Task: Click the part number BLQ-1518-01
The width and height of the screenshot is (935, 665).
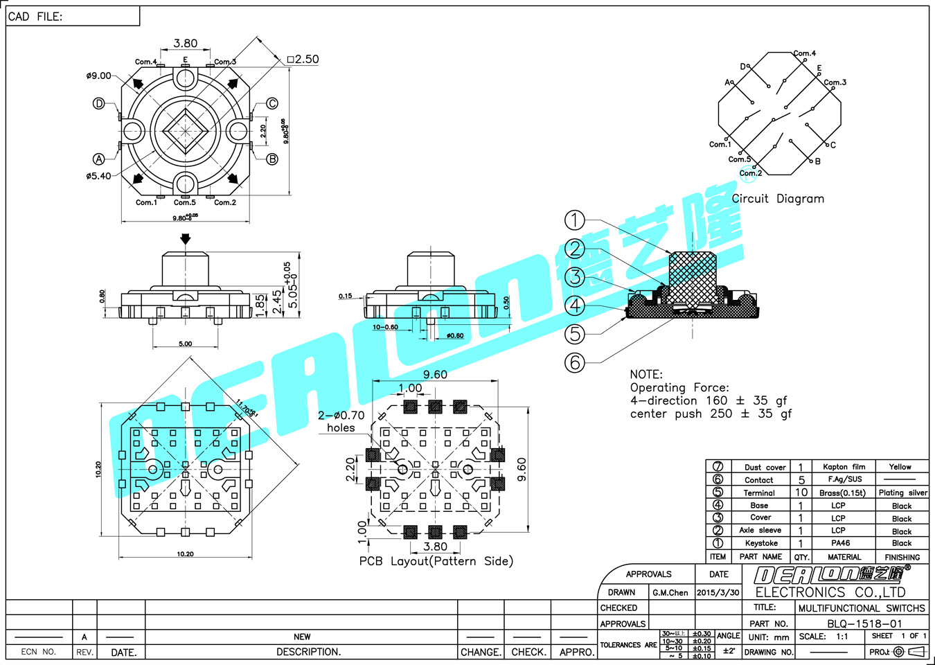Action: [864, 623]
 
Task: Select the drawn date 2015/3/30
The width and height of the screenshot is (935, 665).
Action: [718, 592]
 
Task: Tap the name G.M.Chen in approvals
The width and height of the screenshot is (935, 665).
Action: [670, 592]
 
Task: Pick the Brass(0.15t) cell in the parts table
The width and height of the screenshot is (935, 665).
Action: [842, 493]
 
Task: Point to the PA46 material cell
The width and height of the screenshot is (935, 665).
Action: [840, 543]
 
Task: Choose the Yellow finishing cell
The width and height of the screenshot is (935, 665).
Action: [900, 467]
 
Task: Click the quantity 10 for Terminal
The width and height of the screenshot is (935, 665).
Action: [801, 493]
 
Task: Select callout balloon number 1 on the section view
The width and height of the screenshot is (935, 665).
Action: [575, 220]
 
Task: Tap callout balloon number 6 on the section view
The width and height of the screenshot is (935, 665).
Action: [575, 362]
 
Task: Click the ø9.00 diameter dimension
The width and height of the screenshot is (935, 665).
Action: [98, 76]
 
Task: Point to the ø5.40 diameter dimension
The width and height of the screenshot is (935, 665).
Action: [98, 176]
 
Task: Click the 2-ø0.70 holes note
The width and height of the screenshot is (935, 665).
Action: [341, 421]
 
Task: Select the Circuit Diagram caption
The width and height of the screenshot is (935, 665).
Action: [778, 199]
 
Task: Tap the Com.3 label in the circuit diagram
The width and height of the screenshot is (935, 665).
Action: [835, 82]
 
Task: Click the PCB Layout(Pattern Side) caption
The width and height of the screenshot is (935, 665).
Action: [436, 561]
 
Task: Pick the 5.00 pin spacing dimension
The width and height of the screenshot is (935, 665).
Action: [185, 344]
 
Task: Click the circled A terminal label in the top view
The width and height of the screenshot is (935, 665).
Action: [99, 159]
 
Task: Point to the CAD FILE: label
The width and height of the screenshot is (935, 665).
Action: [35, 17]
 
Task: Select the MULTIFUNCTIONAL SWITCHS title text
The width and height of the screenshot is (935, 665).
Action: [861, 608]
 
